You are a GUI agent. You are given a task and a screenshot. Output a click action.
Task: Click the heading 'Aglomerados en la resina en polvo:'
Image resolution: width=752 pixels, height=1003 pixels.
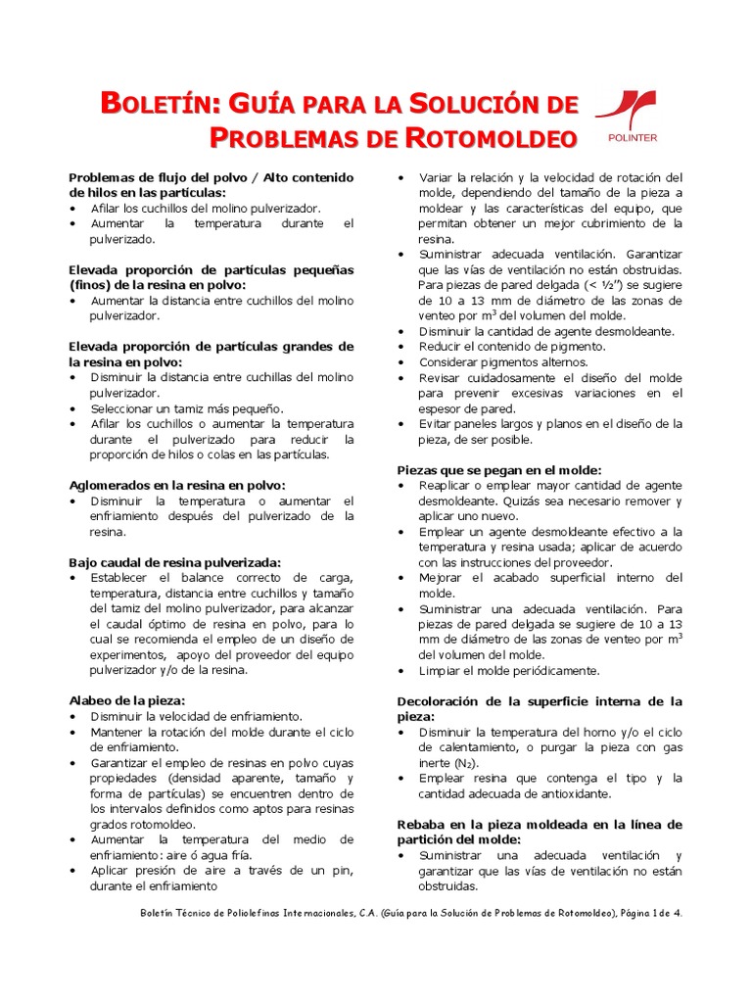(x=177, y=485)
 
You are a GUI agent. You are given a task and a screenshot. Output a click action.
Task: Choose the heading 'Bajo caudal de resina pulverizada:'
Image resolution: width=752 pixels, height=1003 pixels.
(x=175, y=562)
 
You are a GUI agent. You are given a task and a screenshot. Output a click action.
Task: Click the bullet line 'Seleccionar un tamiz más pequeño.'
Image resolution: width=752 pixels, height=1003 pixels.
(x=187, y=407)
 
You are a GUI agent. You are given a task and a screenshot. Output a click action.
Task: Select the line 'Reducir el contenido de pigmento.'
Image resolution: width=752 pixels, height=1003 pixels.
(x=512, y=347)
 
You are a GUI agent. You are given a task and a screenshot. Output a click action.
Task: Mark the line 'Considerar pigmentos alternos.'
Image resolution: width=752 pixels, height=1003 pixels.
(x=503, y=362)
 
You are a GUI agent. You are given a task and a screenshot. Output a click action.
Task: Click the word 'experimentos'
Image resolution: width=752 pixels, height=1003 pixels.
(x=126, y=655)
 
